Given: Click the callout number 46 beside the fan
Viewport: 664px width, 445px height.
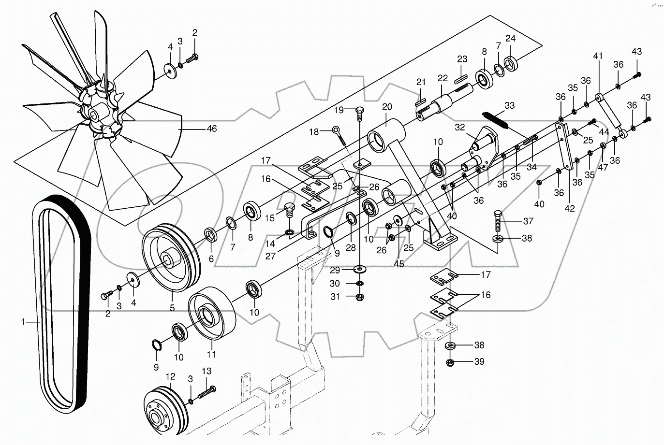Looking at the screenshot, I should point(211,129).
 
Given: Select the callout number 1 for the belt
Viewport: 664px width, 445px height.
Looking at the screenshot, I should point(23,321).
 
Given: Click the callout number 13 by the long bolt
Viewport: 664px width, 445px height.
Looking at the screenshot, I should point(207,371).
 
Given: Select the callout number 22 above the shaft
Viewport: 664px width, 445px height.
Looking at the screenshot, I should point(443,78).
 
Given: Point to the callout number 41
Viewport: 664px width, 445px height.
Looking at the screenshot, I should point(598,56).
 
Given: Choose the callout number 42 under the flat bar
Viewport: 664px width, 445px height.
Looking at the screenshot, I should point(570,209).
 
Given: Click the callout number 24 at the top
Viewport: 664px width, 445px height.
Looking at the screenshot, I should point(511,38).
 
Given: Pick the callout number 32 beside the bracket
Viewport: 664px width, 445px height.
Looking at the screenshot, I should point(459,128).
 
